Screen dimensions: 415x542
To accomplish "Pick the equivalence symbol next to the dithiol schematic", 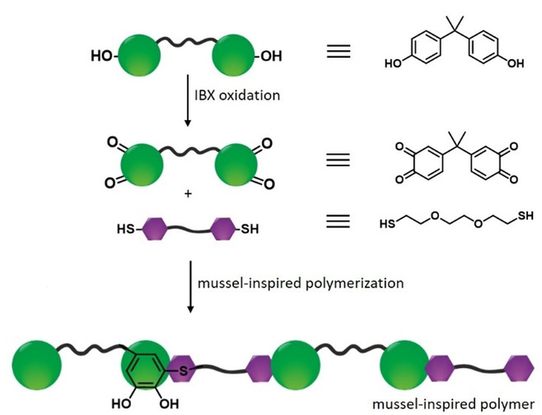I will click(x=339, y=222).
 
